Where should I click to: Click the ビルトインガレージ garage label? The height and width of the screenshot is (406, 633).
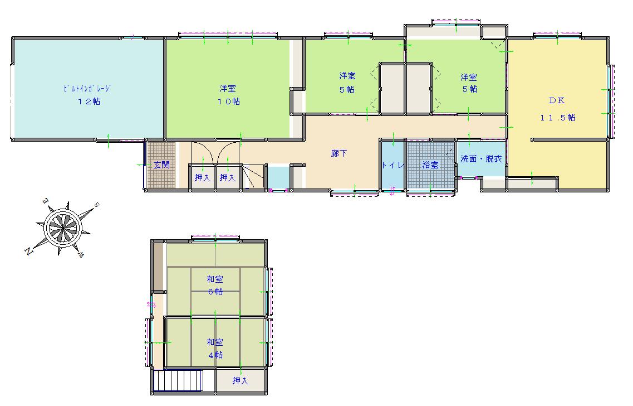point(87,88)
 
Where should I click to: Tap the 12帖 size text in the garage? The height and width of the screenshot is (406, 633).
point(89,101)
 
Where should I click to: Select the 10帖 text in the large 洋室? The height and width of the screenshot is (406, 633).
point(229,101)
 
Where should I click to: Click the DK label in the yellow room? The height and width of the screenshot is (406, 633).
point(557,100)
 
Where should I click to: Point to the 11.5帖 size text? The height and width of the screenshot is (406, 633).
point(557,118)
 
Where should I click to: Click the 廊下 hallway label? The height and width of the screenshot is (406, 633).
point(338,153)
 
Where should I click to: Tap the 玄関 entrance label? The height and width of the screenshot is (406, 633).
point(161,165)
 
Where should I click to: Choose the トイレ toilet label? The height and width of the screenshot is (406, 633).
point(393,165)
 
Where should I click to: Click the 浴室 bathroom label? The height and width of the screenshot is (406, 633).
point(430,165)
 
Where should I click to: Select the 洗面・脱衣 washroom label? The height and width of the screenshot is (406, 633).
point(481,159)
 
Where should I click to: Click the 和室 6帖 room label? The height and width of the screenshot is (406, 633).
point(215,285)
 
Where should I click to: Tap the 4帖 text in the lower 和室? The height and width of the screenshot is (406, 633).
point(215,355)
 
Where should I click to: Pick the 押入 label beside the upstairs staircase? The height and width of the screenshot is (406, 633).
point(240,380)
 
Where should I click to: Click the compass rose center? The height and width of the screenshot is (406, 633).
point(63,228)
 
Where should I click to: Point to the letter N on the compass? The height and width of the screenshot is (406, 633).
point(28,251)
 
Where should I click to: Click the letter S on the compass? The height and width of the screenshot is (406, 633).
point(96,205)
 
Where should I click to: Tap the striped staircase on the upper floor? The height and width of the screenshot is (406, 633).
point(178,381)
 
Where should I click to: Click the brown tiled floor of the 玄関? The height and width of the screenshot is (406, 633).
point(161,165)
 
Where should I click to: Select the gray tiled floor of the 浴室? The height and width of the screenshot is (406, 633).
point(430,165)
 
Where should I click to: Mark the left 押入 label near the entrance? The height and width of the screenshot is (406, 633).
point(202,177)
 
